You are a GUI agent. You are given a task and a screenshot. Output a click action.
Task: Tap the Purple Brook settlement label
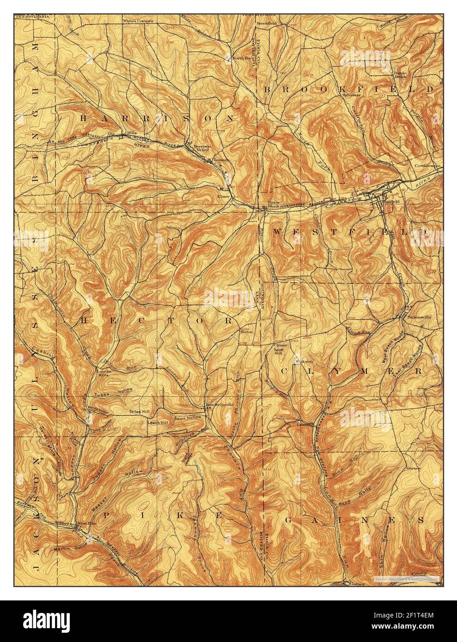(x=400, y=75)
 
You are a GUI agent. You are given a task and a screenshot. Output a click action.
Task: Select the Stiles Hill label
(x=139, y=411)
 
